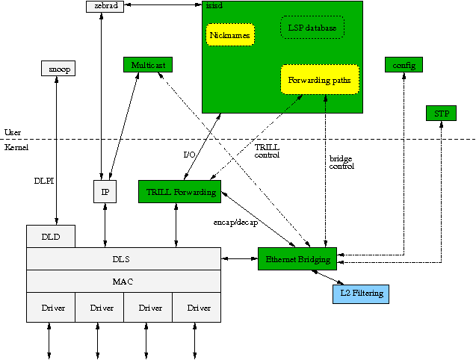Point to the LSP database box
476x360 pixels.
click(312, 28)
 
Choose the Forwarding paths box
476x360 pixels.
click(320, 79)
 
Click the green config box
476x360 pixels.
click(404, 65)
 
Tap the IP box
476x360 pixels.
click(105, 191)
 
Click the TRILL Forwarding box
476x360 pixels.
click(179, 192)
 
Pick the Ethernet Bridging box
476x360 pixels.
click(297, 258)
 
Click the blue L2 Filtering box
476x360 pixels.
click(361, 294)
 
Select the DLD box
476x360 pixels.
click(51, 237)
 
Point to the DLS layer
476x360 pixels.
click(123, 258)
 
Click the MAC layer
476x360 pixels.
click(123, 281)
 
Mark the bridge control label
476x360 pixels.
click(341, 162)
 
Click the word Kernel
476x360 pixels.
click(16, 148)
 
